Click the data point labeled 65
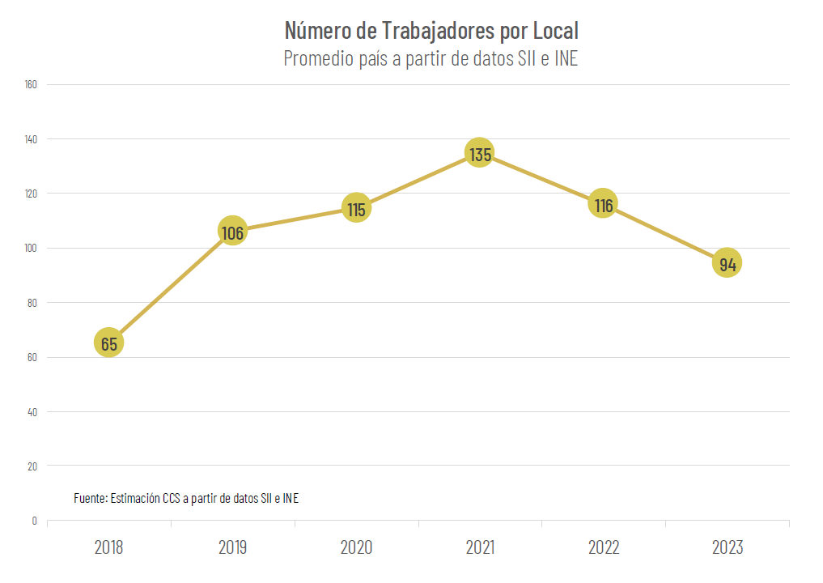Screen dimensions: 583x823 click(x=109, y=343)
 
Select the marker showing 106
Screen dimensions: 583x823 click(x=232, y=232)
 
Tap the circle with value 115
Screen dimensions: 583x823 click(x=356, y=209)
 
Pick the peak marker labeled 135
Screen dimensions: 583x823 click(x=480, y=153)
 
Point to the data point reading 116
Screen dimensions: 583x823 click(x=603, y=205)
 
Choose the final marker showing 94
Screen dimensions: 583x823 click(x=728, y=263)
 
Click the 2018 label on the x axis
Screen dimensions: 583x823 click(x=109, y=547)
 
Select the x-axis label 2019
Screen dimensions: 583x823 click(x=233, y=547)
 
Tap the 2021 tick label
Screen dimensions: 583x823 click(x=480, y=547)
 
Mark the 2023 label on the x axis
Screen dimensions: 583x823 click(x=728, y=547)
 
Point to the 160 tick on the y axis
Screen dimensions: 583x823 click(x=32, y=84)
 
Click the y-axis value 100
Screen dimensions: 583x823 click(x=32, y=248)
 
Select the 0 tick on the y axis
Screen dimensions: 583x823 click(x=35, y=521)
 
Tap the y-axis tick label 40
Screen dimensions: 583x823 click(x=33, y=411)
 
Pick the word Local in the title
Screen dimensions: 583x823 click(x=555, y=31)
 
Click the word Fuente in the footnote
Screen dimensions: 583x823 click(x=89, y=498)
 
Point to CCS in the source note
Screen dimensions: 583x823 click(x=172, y=498)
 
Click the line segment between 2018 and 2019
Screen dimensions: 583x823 click(x=171, y=287)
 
